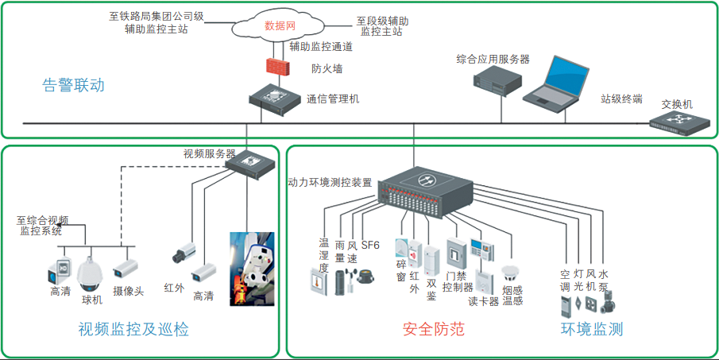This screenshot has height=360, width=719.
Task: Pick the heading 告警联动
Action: [73, 85]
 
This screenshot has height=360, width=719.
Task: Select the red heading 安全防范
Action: [433, 329]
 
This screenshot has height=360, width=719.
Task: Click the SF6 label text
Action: [371, 246]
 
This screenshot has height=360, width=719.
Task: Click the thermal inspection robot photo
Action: [252, 268]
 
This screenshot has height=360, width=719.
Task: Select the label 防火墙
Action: [327, 69]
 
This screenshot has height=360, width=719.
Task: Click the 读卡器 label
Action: [483, 301]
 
